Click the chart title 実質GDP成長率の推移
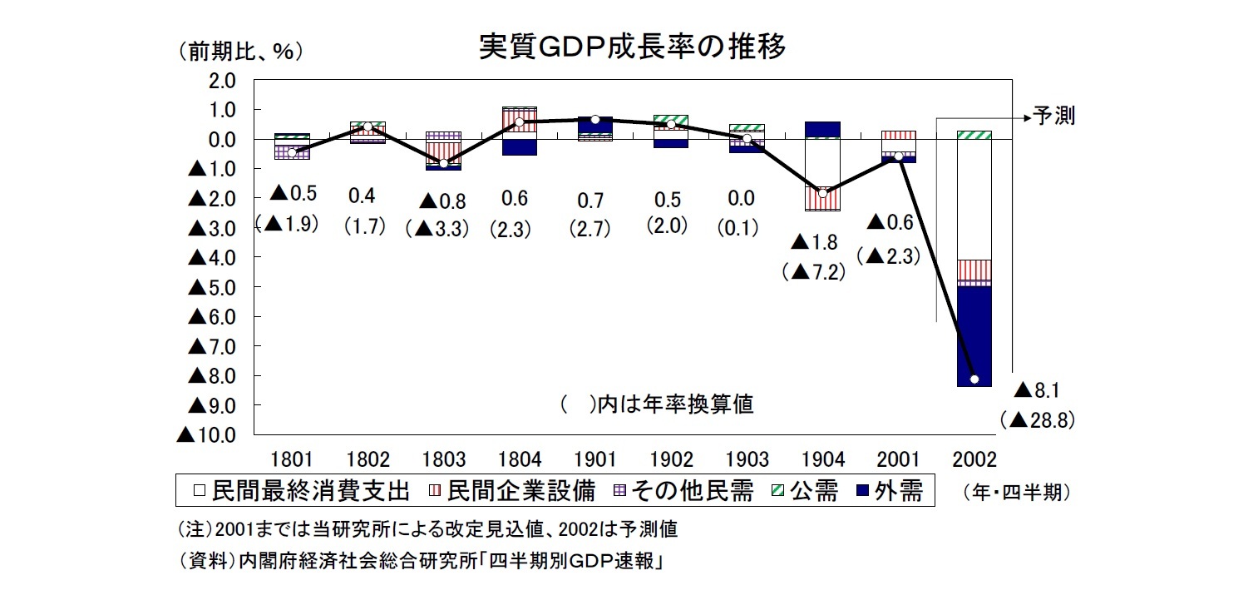[632, 47]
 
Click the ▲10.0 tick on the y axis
[206, 434]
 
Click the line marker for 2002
[974, 379]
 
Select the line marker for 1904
[822, 193]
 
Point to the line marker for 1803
[444, 163]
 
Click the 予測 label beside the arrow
[1053, 117]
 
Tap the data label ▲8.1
[1039, 389]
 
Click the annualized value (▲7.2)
[814, 271]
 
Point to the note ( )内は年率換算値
[657, 404]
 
